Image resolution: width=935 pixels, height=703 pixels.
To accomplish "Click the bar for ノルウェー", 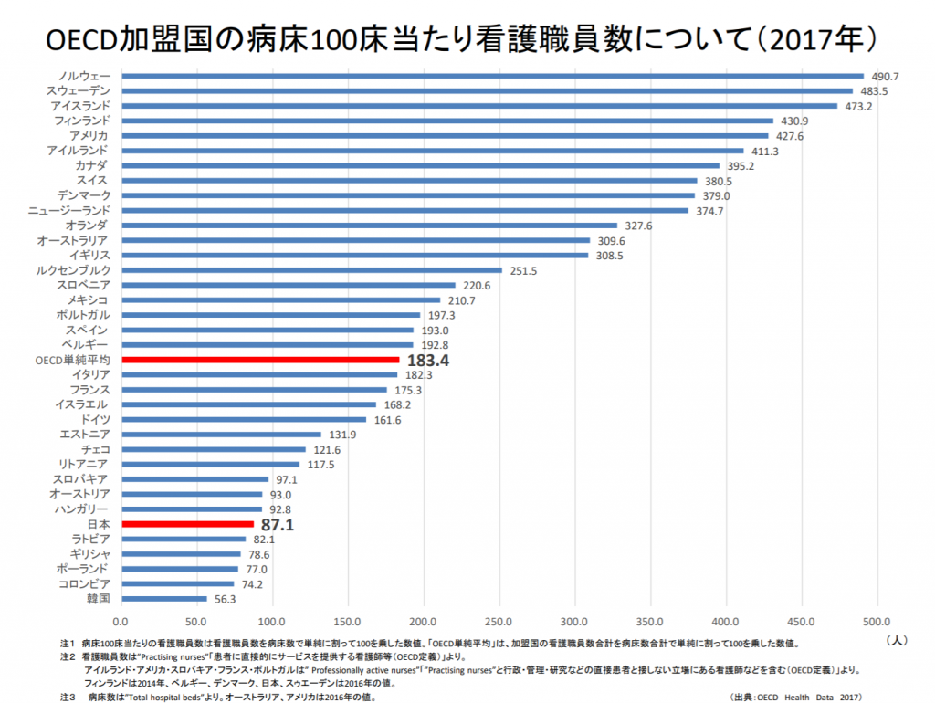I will [x=492, y=76].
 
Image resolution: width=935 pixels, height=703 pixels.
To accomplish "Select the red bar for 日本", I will [x=187, y=524].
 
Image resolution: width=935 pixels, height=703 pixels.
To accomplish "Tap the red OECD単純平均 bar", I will [x=260, y=360].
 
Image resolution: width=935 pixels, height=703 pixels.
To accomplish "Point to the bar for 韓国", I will [x=164, y=599].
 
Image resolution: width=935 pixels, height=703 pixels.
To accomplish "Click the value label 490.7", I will [x=886, y=76].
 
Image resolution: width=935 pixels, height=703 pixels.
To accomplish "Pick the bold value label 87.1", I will [x=277, y=525].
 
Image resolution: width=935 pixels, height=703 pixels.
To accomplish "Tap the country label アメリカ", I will [x=89, y=135].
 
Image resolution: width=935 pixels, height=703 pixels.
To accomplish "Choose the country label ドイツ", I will [x=95, y=419].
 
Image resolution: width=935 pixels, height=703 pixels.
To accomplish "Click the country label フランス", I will [x=89, y=390].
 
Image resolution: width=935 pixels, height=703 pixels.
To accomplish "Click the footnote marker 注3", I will [x=67, y=696].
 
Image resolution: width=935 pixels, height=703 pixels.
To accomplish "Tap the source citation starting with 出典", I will [x=795, y=696].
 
